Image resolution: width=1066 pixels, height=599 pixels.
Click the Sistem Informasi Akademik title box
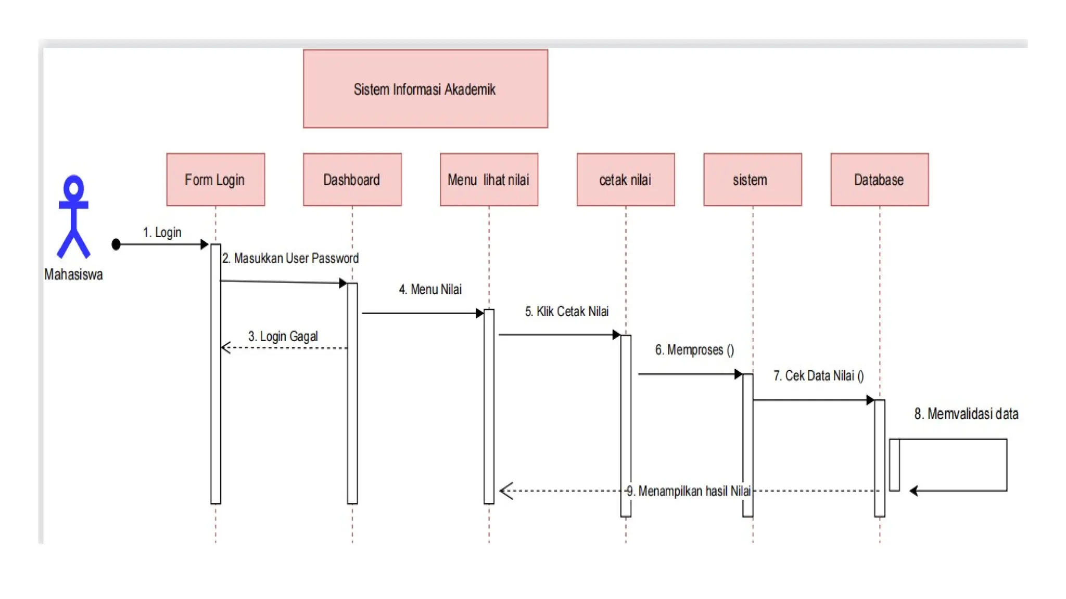coord(425,88)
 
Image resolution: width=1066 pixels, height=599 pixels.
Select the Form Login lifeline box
coord(215,179)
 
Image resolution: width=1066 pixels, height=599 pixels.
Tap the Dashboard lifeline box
coord(352,179)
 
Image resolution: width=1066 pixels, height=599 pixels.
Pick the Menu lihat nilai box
coord(489,179)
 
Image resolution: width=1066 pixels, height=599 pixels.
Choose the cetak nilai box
coord(625,179)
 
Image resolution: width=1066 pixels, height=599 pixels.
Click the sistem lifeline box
coord(752,179)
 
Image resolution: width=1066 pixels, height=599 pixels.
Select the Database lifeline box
coord(879,179)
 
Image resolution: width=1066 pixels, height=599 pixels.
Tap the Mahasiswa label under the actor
coord(73,275)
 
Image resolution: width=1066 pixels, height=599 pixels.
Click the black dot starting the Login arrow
coord(116,244)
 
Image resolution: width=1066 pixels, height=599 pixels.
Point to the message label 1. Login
coord(162,232)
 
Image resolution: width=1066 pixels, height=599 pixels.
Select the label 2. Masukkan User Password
coord(290,258)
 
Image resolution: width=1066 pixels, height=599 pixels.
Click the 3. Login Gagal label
coord(283,336)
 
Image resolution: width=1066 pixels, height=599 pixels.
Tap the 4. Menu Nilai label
coord(430,290)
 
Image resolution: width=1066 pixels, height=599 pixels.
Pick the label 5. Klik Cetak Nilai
coord(566,311)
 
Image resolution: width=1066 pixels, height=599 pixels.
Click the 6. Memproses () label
coord(694,350)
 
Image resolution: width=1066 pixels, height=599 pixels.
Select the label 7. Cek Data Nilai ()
coord(818,376)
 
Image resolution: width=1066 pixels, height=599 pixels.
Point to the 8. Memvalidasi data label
coord(966,414)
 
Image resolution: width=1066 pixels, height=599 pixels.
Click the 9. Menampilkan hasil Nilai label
coord(689,491)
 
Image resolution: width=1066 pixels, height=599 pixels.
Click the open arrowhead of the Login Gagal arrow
coord(225,347)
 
